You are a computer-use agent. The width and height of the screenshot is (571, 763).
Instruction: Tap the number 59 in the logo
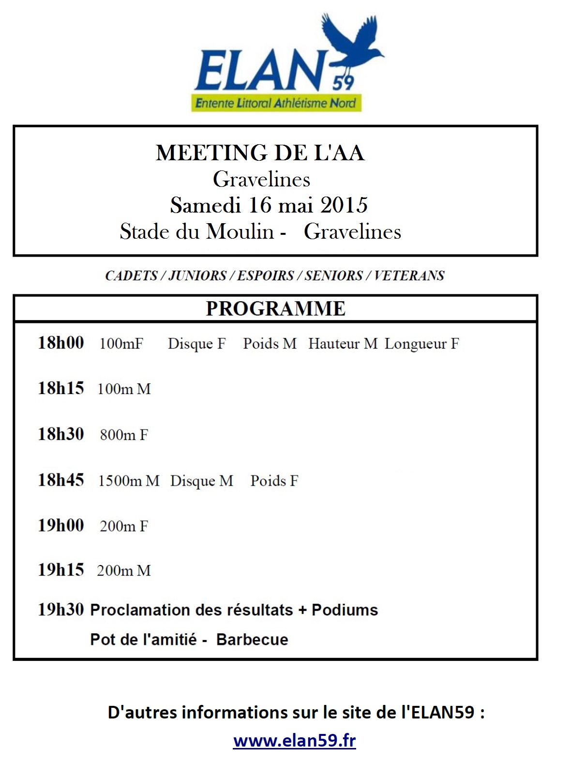point(343,83)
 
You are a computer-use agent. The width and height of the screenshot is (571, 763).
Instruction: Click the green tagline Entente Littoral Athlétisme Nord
point(276,103)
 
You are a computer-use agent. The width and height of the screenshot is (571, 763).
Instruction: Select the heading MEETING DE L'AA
point(260,153)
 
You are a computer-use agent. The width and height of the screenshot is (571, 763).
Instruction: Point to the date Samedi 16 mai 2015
point(269,205)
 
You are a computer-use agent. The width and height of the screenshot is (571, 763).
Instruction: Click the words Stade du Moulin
point(196,231)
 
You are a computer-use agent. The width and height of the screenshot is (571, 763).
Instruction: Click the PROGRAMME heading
point(275,308)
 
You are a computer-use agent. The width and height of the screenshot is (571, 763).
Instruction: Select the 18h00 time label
point(61,343)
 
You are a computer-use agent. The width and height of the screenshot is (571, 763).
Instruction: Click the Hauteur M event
point(343,343)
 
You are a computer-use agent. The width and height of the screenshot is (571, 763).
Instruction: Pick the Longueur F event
point(421,344)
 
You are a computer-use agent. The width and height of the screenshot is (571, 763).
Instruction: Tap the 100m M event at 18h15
point(124,389)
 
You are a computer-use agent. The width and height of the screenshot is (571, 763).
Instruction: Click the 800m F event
point(124,435)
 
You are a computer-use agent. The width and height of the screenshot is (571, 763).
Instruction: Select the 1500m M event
point(129,481)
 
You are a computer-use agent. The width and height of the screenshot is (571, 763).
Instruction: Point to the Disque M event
point(201,481)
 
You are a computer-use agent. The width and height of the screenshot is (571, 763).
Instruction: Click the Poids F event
point(274,481)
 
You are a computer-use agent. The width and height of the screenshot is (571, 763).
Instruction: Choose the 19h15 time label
point(61,570)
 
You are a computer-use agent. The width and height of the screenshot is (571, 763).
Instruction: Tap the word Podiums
point(345,610)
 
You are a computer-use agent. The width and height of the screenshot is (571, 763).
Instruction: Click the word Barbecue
point(252,640)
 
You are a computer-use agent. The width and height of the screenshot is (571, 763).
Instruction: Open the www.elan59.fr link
point(294,741)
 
